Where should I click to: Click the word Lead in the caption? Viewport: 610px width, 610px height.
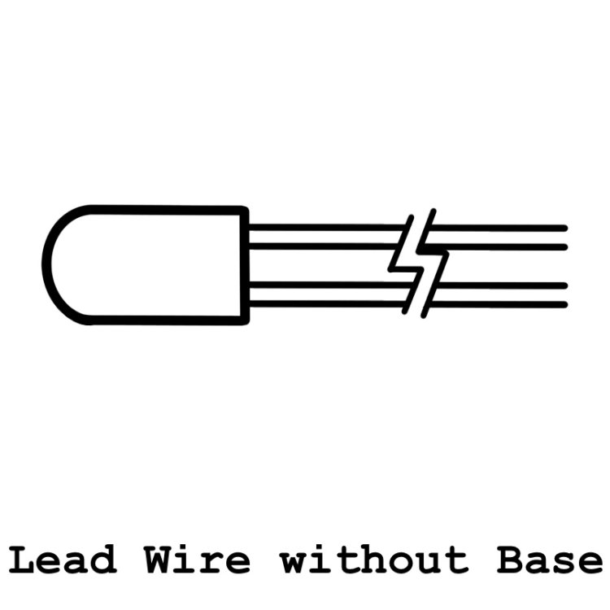coord(63,560)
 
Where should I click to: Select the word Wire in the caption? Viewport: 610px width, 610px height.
coord(198,560)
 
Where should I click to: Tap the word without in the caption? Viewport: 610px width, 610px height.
coord(374,560)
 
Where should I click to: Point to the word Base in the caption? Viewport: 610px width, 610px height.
coord(549,560)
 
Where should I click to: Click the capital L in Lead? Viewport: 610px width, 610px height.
coord(22,560)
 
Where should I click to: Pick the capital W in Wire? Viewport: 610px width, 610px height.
coord(158,560)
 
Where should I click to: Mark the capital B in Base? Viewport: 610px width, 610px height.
coord(511,560)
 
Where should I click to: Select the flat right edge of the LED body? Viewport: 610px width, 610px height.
coord(244,265)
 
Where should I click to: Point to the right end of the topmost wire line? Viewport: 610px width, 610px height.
coord(565,228)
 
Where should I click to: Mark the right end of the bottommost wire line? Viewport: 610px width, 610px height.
coord(565,304)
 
